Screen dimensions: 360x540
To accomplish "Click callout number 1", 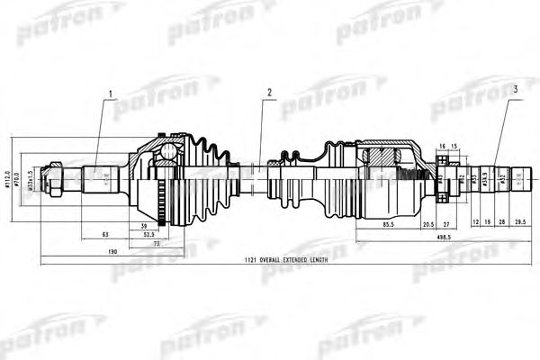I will pos(111,94).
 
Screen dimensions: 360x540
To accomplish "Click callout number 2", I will pos(268,93).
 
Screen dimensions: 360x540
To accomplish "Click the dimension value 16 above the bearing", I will pos(442,146).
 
